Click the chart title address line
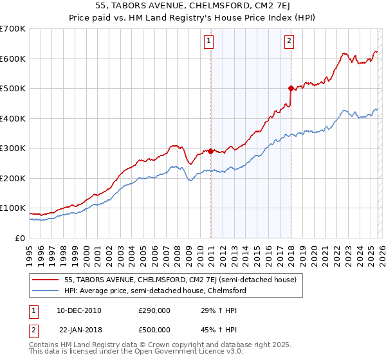click(192, 7)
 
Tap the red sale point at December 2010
click(210, 151)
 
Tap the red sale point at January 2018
click(291, 88)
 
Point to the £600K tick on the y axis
click(13, 59)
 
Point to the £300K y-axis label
click(13, 148)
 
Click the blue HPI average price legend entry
click(154, 291)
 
